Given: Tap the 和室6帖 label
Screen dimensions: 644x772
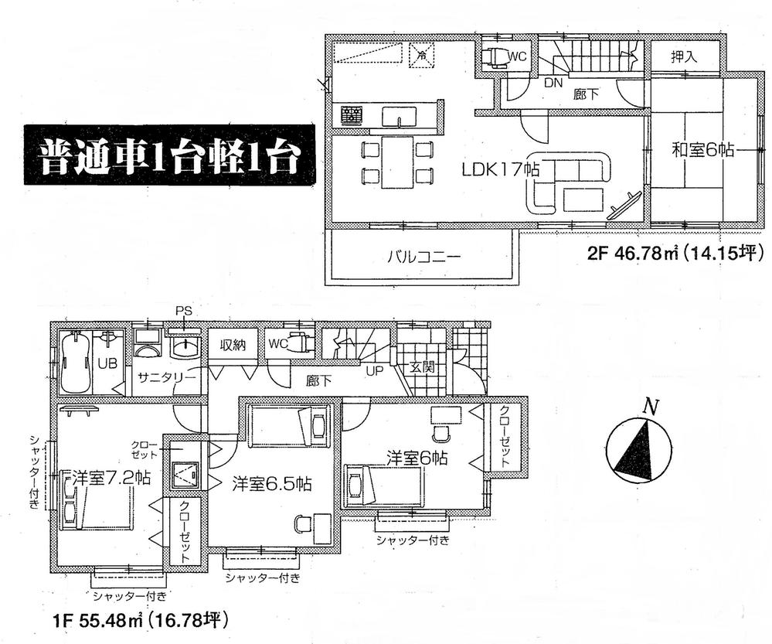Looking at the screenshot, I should (702, 151).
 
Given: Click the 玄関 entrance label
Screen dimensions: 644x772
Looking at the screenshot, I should (422, 366).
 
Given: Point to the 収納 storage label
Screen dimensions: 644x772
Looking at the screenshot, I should (232, 345).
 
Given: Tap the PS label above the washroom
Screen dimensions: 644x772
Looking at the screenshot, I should (183, 311).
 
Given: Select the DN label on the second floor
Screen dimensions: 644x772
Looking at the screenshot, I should (553, 82).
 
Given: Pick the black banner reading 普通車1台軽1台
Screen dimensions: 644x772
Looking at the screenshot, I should (168, 161).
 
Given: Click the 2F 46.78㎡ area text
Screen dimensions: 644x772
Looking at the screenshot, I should (675, 252).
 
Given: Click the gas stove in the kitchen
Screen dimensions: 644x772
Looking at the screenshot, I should (352, 117).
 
